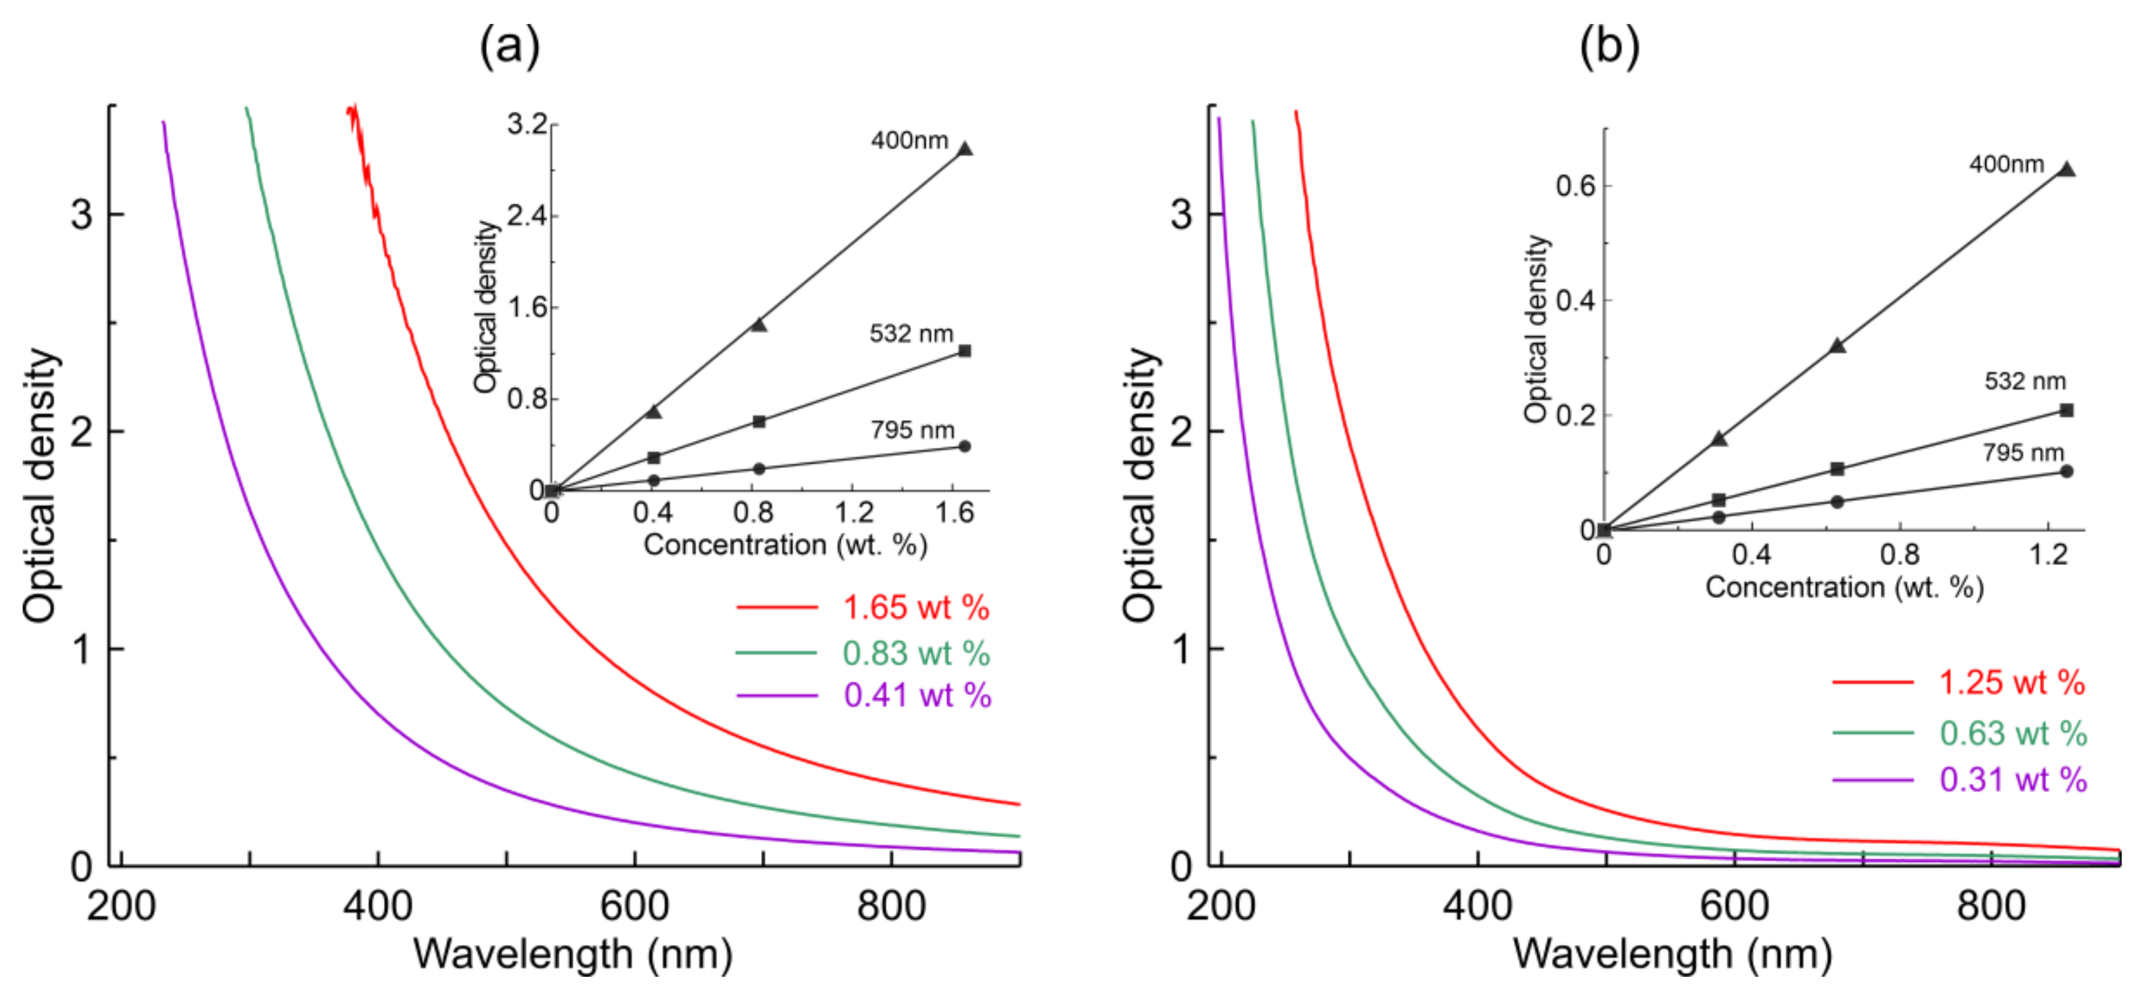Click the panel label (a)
[509, 46]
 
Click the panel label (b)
[1609, 46]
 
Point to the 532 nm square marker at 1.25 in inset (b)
[2066, 410]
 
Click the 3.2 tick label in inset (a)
[527, 125]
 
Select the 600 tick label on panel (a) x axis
[634, 906]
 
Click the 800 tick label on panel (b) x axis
[1991, 906]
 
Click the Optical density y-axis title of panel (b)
[1139, 485]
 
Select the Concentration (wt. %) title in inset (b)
[1844, 588]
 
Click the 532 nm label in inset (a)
[911, 334]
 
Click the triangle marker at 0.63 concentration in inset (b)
[1837, 346]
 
